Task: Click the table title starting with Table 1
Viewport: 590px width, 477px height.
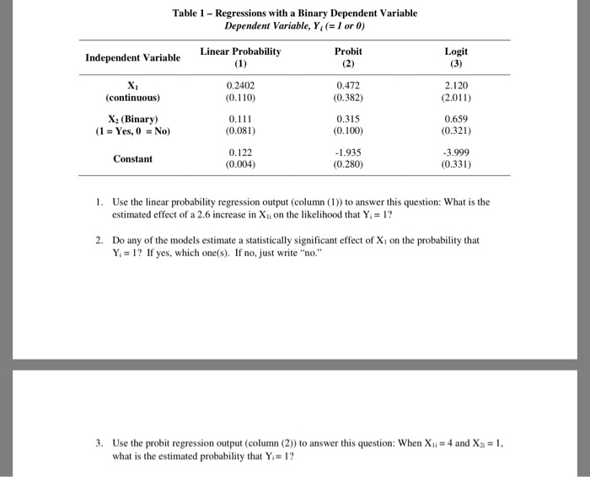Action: pos(294,13)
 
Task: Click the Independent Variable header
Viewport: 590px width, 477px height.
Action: pos(132,58)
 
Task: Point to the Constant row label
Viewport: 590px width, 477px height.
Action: pos(132,158)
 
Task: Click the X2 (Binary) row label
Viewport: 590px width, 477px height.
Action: pos(132,119)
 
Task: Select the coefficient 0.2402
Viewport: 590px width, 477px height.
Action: pos(240,85)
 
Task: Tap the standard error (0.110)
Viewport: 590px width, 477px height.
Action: pos(240,98)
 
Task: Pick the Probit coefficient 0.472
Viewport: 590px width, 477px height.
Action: pos(348,85)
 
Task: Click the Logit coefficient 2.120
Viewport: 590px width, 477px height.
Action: pos(456,85)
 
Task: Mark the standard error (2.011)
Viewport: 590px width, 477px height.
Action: pos(456,98)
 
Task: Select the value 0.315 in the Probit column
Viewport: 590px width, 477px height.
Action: pos(348,119)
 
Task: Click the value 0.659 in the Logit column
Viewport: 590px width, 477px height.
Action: pos(456,119)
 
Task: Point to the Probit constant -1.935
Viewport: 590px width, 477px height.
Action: pos(347,153)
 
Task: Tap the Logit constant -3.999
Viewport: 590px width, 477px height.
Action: pos(455,153)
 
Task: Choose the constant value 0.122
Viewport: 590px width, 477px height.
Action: pos(240,153)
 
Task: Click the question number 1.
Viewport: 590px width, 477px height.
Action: pos(99,202)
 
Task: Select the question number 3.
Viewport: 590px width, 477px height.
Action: pos(99,442)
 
